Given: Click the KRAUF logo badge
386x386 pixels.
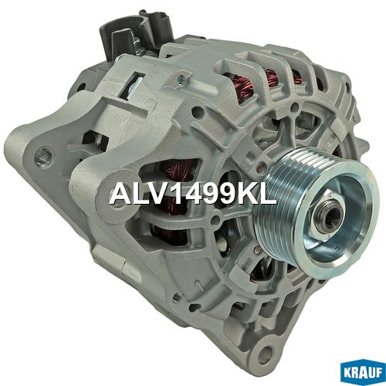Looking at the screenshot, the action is pos(363,373).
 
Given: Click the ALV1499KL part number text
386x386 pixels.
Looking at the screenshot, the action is pos(193,194).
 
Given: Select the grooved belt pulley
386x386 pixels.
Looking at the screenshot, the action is pos(317,212).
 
